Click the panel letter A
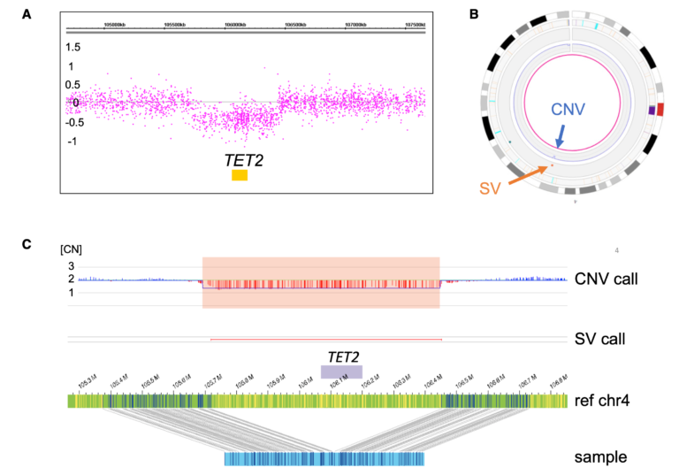(29, 13)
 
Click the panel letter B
(474, 13)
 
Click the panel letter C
(29, 241)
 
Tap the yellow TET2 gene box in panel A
(240, 175)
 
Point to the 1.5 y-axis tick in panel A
(78, 46)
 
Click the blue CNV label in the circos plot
(569, 110)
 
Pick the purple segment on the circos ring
(652, 110)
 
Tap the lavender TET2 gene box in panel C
(341, 372)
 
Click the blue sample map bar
(324, 459)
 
